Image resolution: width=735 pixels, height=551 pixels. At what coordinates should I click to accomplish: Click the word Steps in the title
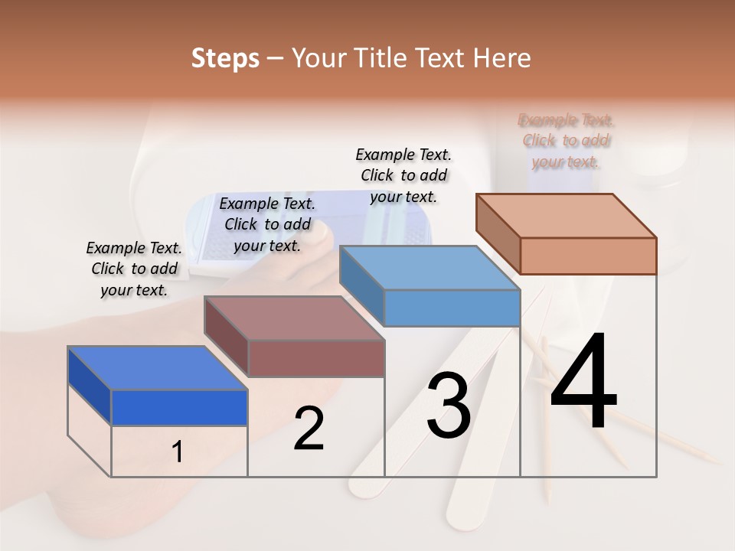pyautogui.click(x=225, y=58)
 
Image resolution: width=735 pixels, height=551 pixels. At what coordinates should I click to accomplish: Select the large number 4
pyautogui.click(x=583, y=383)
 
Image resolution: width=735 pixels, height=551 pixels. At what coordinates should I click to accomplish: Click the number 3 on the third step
pyautogui.click(x=449, y=406)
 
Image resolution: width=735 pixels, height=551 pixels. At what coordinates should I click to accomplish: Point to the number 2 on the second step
pyautogui.click(x=309, y=429)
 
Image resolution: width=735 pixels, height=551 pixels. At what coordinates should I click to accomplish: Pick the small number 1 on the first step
pyautogui.click(x=178, y=452)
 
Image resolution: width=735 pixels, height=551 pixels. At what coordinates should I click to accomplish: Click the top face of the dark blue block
pyautogui.click(x=157, y=368)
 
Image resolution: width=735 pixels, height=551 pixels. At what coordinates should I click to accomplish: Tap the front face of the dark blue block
pyautogui.click(x=179, y=407)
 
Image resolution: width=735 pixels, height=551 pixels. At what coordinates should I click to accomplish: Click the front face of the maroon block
pyautogui.click(x=315, y=358)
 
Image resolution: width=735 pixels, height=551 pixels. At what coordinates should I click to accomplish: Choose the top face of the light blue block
pyautogui.click(x=430, y=268)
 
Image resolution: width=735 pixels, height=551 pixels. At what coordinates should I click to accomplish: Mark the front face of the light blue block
pyautogui.click(x=452, y=308)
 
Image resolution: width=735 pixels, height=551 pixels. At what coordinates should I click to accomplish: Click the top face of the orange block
pyautogui.click(x=567, y=215)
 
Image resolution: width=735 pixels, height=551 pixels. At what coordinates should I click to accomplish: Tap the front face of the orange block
pyautogui.click(x=588, y=256)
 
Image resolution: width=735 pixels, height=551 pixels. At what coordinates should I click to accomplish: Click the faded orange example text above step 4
pyautogui.click(x=566, y=141)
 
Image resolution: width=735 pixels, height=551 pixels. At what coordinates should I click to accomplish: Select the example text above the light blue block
pyautogui.click(x=403, y=175)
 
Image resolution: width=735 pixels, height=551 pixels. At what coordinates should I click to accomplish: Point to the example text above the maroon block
pyautogui.click(x=267, y=224)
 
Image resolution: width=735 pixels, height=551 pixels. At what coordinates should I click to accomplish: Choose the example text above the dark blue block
pyautogui.click(x=134, y=269)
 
